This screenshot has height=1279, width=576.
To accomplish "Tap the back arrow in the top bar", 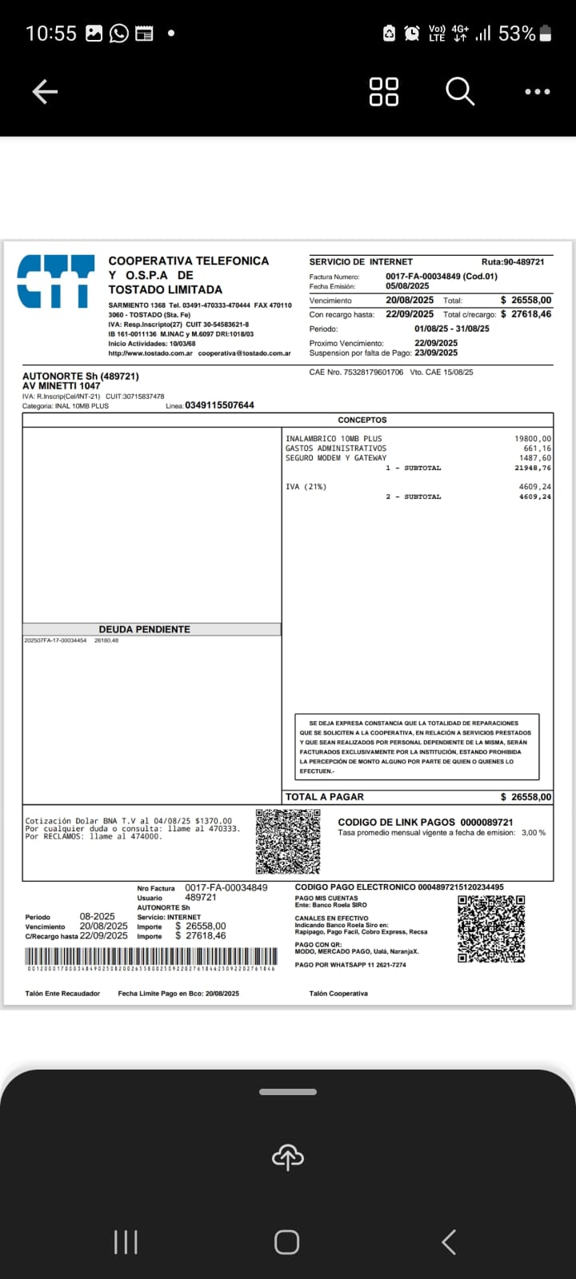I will click(x=45, y=93).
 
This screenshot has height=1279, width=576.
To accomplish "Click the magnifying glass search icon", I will click(x=459, y=92).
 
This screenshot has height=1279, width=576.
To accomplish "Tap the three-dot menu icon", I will click(x=537, y=92).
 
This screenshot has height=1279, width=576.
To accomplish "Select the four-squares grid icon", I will click(x=384, y=92).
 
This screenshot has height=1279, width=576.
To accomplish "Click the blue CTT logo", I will click(x=55, y=281).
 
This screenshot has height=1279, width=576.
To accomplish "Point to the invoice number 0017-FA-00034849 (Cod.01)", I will click(x=441, y=277).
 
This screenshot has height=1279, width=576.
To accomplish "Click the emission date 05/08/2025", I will click(x=407, y=286).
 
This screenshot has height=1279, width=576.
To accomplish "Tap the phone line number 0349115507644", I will click(x=219, y=405).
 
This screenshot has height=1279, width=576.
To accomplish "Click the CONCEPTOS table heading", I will click(x=362, y=420).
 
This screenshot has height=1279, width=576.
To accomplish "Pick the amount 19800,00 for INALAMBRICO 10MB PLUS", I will click(x=533, y=439).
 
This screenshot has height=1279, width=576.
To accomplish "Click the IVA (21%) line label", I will click(x=306, y=487).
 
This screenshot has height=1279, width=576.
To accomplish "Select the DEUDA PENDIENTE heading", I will click(x=145, y=630).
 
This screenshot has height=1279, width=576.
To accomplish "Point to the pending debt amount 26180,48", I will click(x=106, y=640).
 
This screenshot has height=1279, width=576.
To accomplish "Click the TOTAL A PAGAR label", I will click(x=325, y=797).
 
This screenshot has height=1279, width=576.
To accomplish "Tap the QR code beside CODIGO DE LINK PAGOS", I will click(x=288, y=841).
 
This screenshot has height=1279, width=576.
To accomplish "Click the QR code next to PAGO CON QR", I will click(x=491, y=928).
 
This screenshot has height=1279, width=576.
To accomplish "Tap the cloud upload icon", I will click(x=288, y=1157).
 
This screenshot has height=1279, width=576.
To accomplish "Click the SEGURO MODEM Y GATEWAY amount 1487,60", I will click(x=535, y=458).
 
